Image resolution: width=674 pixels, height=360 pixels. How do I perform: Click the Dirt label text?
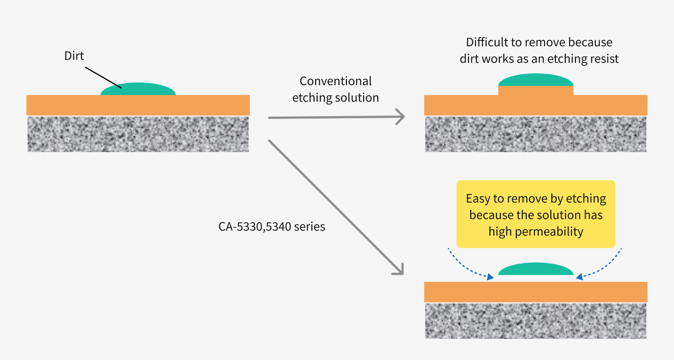(74, 56)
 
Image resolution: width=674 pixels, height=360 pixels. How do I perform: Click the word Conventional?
(335, 81)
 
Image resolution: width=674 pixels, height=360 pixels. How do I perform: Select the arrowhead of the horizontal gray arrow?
(400, 117)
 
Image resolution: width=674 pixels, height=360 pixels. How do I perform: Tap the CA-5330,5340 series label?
(272, 226)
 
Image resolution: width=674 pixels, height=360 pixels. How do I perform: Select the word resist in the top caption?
(604, 59)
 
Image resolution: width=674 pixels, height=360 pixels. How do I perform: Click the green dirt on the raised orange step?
(536, 80)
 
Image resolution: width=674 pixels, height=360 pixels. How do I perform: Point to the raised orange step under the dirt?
(536, 91)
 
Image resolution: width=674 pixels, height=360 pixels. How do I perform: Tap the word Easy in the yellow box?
(478, 198)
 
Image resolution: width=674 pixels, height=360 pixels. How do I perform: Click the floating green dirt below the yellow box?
(536, 269)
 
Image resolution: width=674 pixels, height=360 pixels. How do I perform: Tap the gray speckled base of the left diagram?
(138, 134)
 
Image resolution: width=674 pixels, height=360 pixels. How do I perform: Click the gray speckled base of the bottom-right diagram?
(536, 321)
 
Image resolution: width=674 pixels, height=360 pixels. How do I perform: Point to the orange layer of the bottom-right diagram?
(536, 292)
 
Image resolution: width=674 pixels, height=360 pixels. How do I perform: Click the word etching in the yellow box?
(586, 198)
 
